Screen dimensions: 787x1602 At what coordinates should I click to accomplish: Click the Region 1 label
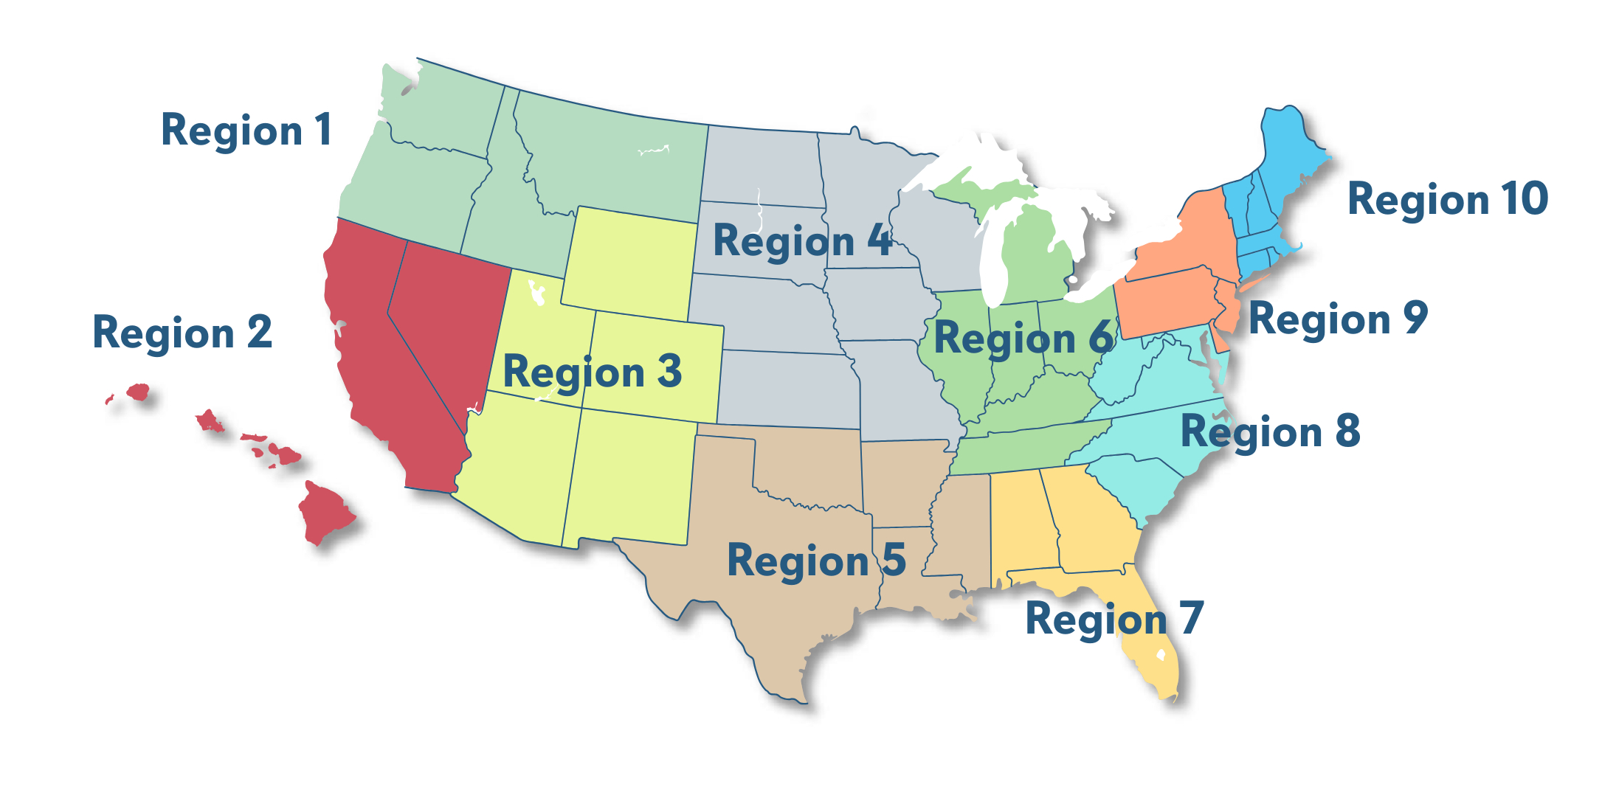pos(246,131)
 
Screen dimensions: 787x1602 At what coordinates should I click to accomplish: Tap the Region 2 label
pos(182,333)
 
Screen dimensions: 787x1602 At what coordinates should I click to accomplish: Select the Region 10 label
pos(1447,199)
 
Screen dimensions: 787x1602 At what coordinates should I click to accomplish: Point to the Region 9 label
pos(1337,319)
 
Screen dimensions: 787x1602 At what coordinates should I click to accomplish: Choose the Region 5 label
pos(815,560)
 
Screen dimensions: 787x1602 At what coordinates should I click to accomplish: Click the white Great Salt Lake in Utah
pos(536,293)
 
